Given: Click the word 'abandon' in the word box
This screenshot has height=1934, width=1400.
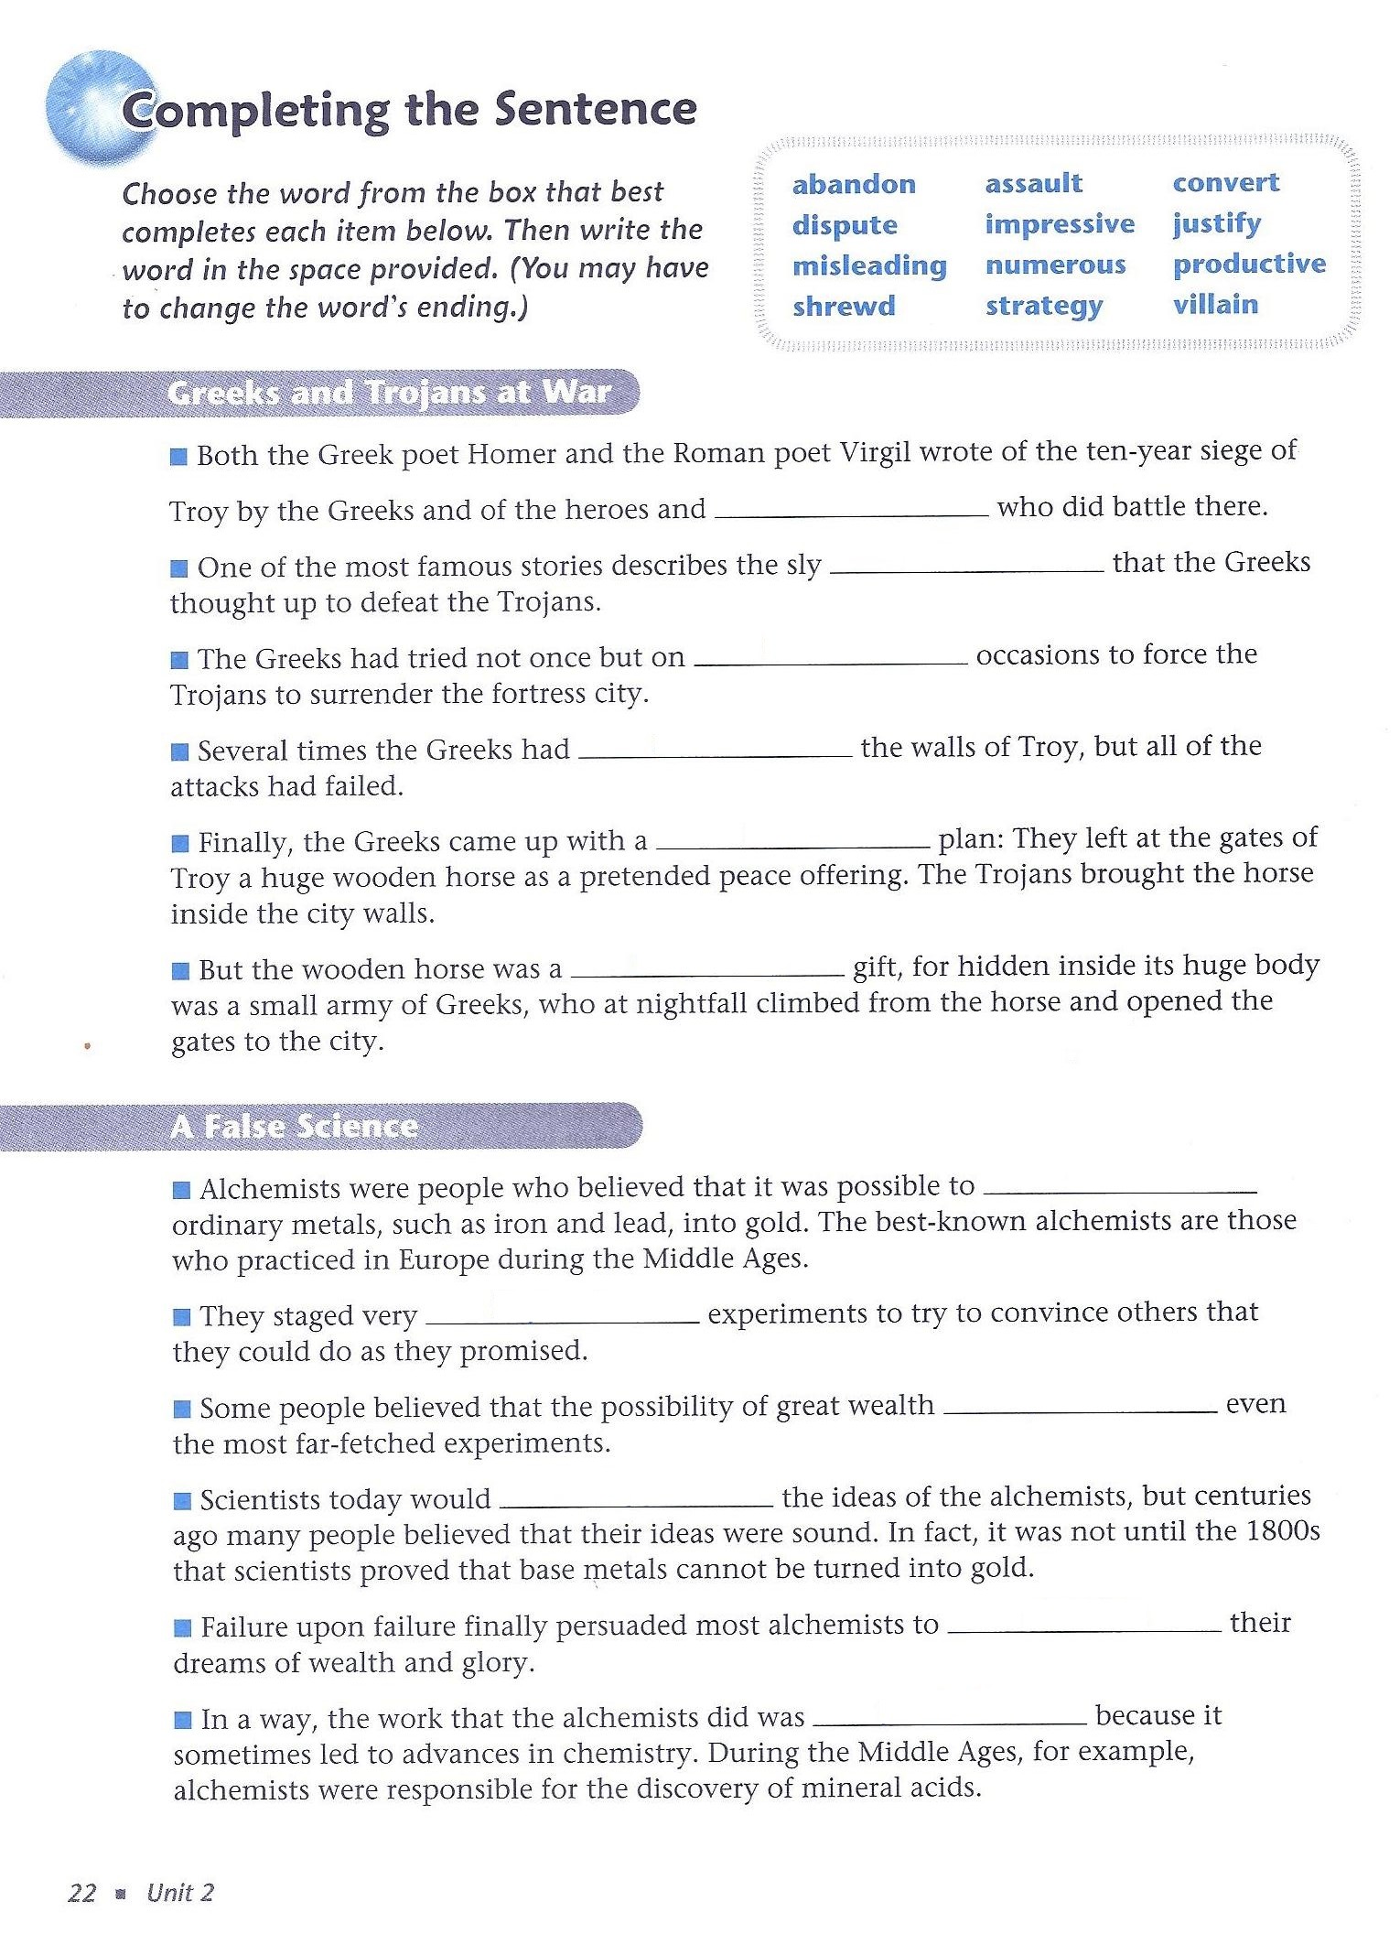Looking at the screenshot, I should (x=854, y=184).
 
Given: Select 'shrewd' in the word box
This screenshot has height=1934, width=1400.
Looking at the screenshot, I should (x=844, y=306).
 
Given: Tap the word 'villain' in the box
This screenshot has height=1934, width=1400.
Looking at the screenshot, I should (x=1215, y=304).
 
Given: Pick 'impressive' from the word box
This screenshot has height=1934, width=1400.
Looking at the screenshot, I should (x=1060, y=224).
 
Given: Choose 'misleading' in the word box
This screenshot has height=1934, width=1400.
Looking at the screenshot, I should (x=869, y=265).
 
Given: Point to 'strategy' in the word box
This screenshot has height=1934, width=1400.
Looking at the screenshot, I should (x=1044, y=306).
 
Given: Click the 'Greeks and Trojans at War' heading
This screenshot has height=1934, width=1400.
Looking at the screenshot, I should (x=389, y=393).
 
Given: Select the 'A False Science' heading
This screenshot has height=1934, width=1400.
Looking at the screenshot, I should (x=294, y=1126).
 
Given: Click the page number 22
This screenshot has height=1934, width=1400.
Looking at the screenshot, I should (x=81, y=1893).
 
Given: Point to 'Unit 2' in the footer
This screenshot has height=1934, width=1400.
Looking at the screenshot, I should (x=180, y=1893).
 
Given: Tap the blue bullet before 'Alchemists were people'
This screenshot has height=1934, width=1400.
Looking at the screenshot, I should (x=182, y=1190).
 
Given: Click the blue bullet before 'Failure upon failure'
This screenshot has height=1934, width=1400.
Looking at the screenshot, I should (x=183, y=1627).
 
